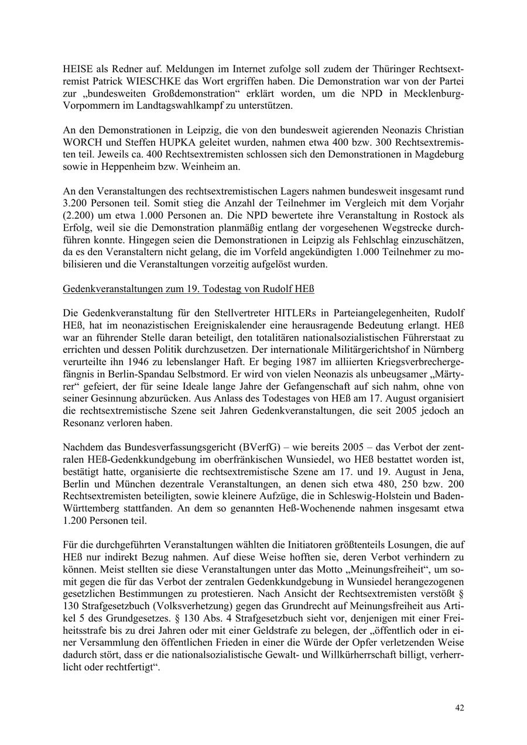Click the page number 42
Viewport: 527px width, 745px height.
[x=460, y=708]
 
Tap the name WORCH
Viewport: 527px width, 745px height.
[x=81, y=142]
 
